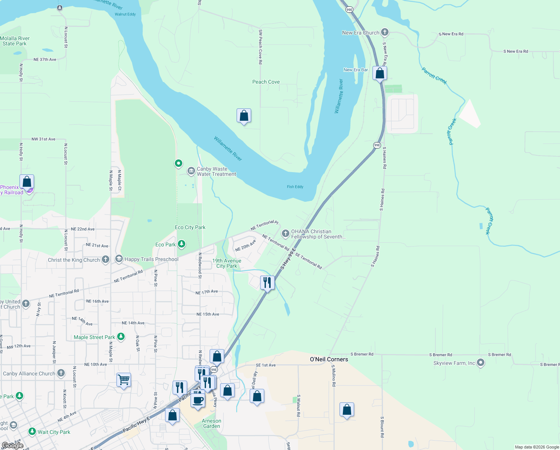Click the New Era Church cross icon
384,32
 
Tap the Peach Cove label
266,82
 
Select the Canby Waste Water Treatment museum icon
191,171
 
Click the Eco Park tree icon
182,244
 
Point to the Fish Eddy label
295,187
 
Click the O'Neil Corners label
329,359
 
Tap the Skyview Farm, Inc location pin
481,363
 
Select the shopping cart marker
124,380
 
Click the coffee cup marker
198,400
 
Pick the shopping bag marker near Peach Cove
244,115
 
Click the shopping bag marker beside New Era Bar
380,73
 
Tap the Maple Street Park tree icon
121,336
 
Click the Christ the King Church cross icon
106,259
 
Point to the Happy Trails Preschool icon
119,259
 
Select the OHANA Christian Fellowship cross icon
285,234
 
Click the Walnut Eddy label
125,14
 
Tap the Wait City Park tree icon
32,432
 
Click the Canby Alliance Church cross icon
61,373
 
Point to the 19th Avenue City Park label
227,263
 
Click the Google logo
13,445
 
